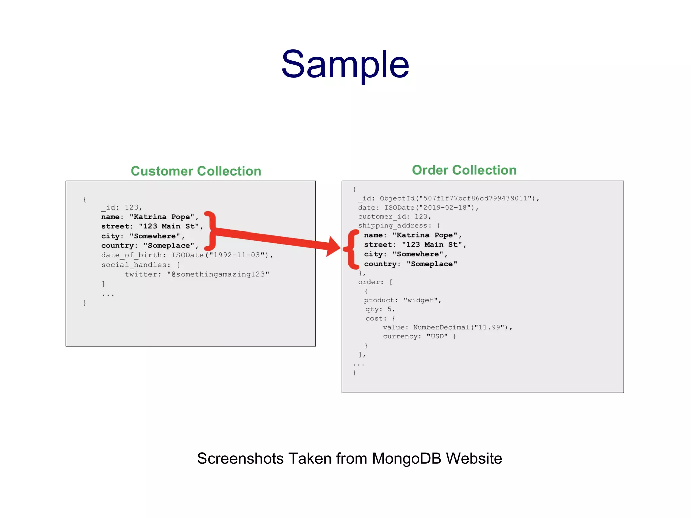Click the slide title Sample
(345, 64)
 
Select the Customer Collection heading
(196, 171)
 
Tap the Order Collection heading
(464, 170)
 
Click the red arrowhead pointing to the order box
(333, 246)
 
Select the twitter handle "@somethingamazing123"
(218, 274)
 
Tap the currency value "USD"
(437, 336)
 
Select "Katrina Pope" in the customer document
(162, 217)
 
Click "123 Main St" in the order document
(432, 245)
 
